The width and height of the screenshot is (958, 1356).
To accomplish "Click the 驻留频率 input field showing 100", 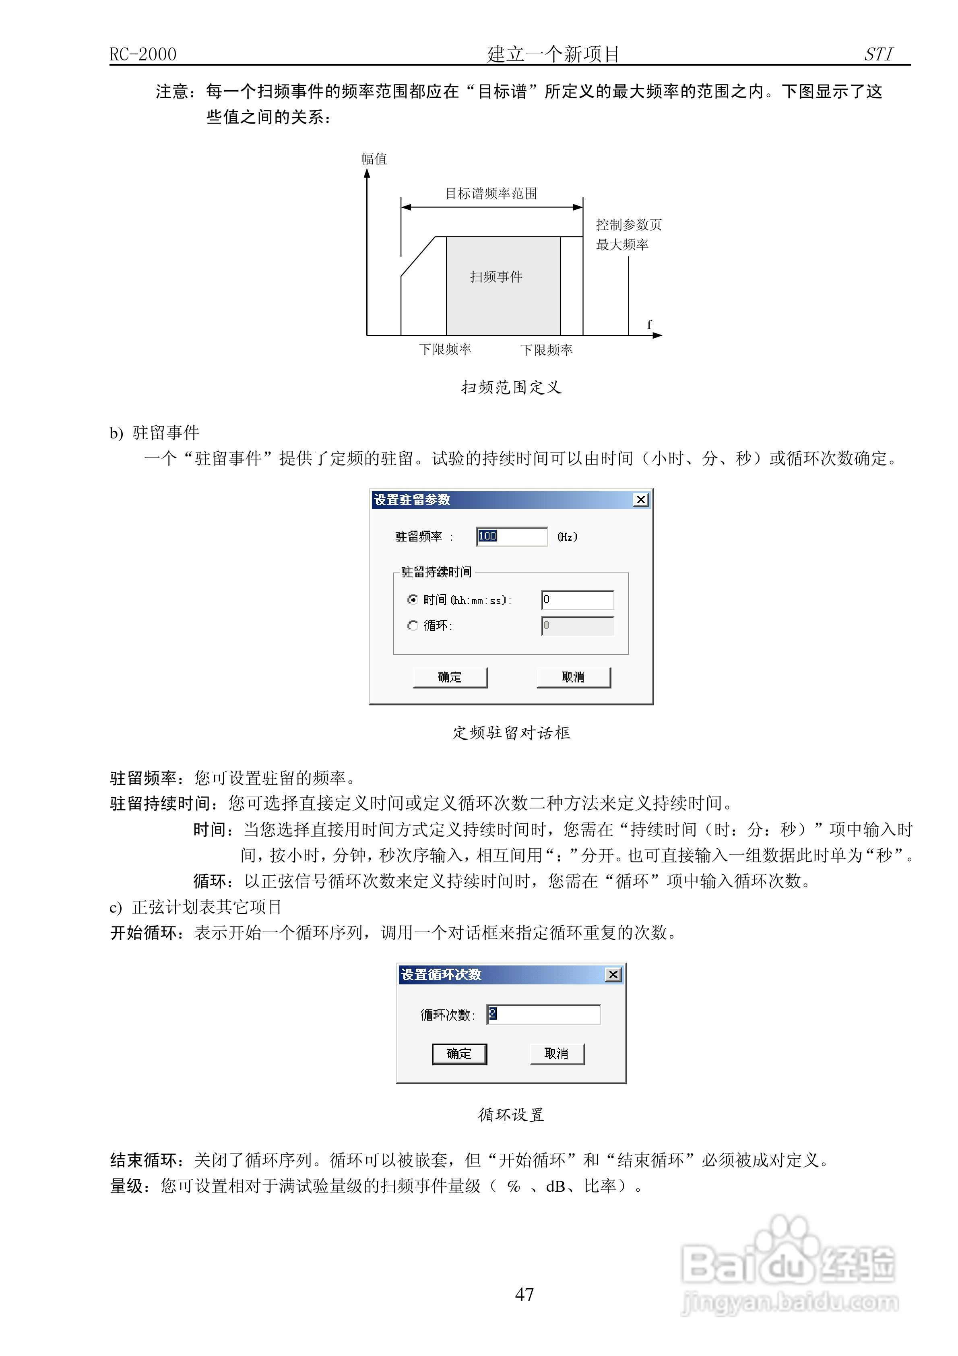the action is [512, 536].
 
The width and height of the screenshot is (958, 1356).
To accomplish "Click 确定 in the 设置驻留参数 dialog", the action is [450, 678].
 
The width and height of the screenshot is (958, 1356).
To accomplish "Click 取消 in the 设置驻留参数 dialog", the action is [573, 678].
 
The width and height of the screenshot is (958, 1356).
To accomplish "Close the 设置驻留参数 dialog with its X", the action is [641, 500].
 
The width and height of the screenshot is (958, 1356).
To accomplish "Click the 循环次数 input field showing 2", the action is [543, 1014].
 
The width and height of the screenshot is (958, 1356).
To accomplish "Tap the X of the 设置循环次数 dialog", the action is [614, 974].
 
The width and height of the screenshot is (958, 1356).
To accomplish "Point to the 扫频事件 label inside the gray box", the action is [496, 277].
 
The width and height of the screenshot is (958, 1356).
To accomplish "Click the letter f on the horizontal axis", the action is [649, 324].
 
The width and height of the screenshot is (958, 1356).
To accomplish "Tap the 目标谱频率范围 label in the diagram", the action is [491, 194].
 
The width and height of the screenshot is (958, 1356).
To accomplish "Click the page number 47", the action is [524, 1294].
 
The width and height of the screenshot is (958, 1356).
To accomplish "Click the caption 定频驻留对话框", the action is [512, 733].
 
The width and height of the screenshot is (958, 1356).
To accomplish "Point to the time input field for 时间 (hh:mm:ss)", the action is [578, 600].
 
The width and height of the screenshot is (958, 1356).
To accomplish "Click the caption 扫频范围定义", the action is [512, 387].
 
